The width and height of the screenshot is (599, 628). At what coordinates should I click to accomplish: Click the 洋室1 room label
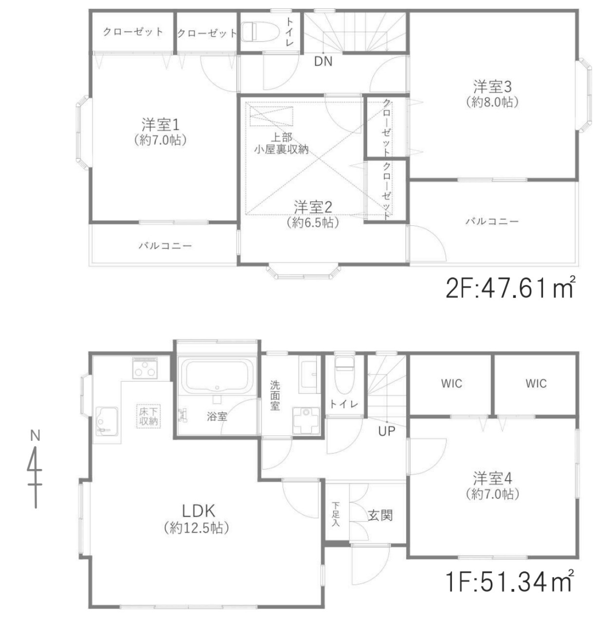pyautogui.click(x=160, y=124)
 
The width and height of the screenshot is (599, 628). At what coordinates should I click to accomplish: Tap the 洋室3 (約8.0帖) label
pyautogui.click(x=492, y=94)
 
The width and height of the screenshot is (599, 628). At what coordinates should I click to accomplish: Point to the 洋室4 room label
pyautogui.click(x=492, y=479)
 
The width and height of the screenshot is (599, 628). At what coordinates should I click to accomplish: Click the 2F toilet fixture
pyautogui.click(x=258, y=31)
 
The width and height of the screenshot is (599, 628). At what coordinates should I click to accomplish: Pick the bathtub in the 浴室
pyautogui.click(x=215, y=376)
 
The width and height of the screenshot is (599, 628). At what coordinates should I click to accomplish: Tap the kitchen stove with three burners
pyautogui.click(x=145, y=368)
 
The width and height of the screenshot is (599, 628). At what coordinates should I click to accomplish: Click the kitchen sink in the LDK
pyautogui.click(x=107, y=421)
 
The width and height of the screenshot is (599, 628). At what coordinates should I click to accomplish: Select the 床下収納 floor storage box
pyautogui.click(x=148, y=416)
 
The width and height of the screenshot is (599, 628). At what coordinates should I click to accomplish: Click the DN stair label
pyautogui.click(x=323, y=61)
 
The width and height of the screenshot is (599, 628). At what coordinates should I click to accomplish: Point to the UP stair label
pyautogui.click(x=387, y=431)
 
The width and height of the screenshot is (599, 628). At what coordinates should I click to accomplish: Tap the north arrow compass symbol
pyautogui.click(x=35, y=469)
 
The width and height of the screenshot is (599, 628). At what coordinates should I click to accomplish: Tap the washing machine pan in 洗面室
pyautogui.click(x=306, y=421)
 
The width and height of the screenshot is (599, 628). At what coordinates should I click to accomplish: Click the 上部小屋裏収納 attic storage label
pyautogui.click(x=281, y=143)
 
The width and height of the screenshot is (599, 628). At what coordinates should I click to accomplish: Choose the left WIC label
pyautogui.click(x=451, y=383)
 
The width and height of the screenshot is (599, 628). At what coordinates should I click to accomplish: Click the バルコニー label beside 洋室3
pyautogui.click(x=492, y=221)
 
